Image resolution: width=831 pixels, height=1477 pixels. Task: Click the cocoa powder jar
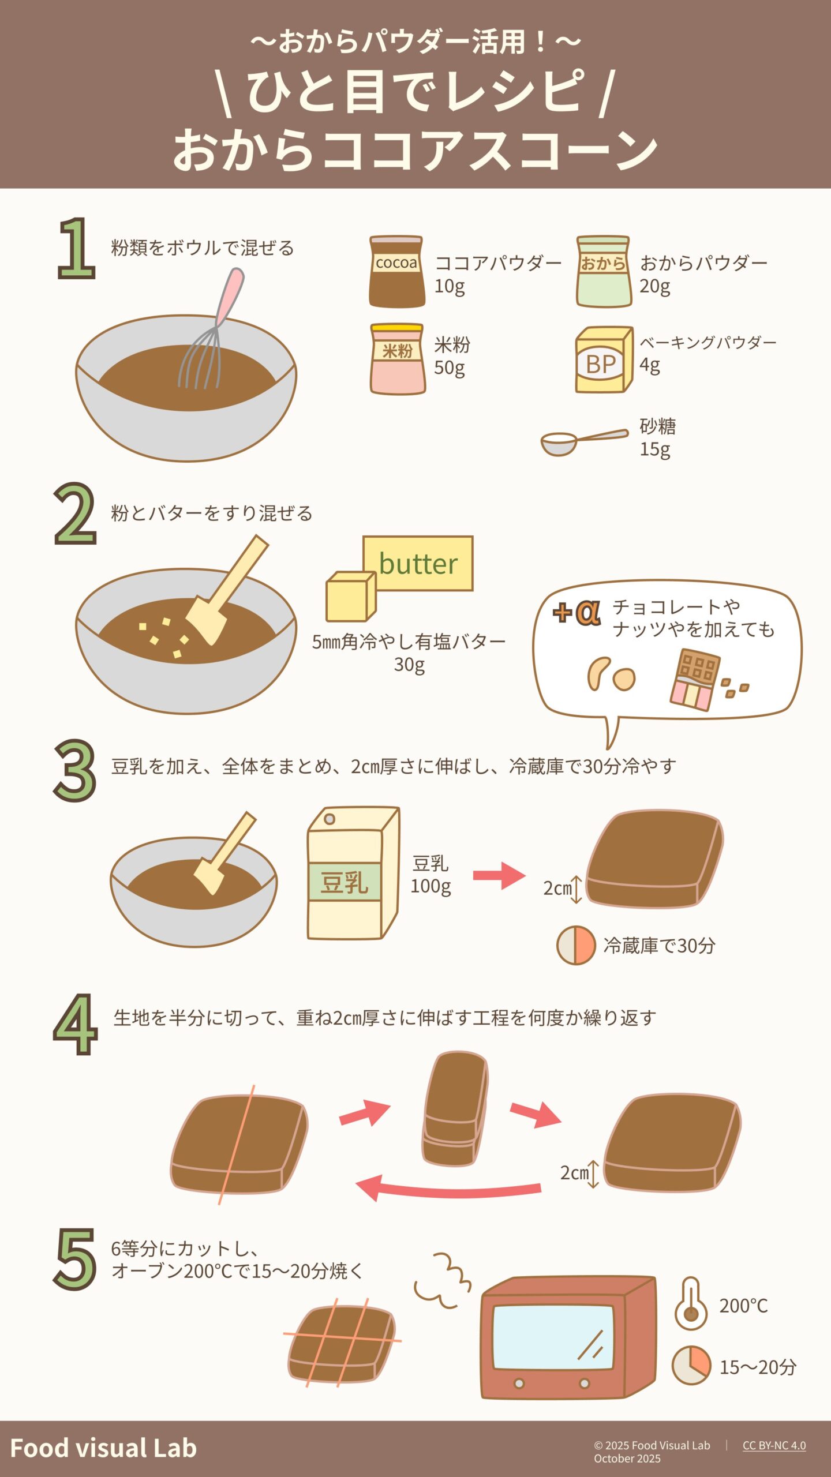click(397, 271)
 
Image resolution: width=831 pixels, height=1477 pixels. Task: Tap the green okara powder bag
click(603, 271)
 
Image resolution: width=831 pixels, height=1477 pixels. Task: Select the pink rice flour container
click(398, 358)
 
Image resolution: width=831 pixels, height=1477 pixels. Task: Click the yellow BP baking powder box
click(603, 360)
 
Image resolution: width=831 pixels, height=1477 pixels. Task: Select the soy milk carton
click(353, 873)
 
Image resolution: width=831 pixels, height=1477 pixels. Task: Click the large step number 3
click(74, 771)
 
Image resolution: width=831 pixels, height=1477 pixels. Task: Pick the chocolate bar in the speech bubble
click(694, 680)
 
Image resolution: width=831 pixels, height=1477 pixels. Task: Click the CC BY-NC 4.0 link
click(774, 1445)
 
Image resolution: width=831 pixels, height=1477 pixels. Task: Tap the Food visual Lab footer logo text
click(103, 1448)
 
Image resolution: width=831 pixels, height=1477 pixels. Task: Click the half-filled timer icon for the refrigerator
click(576, 945)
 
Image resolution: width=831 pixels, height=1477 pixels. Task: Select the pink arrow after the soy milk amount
click(499, 875)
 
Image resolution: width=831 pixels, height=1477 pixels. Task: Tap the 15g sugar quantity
click(654, 449)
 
